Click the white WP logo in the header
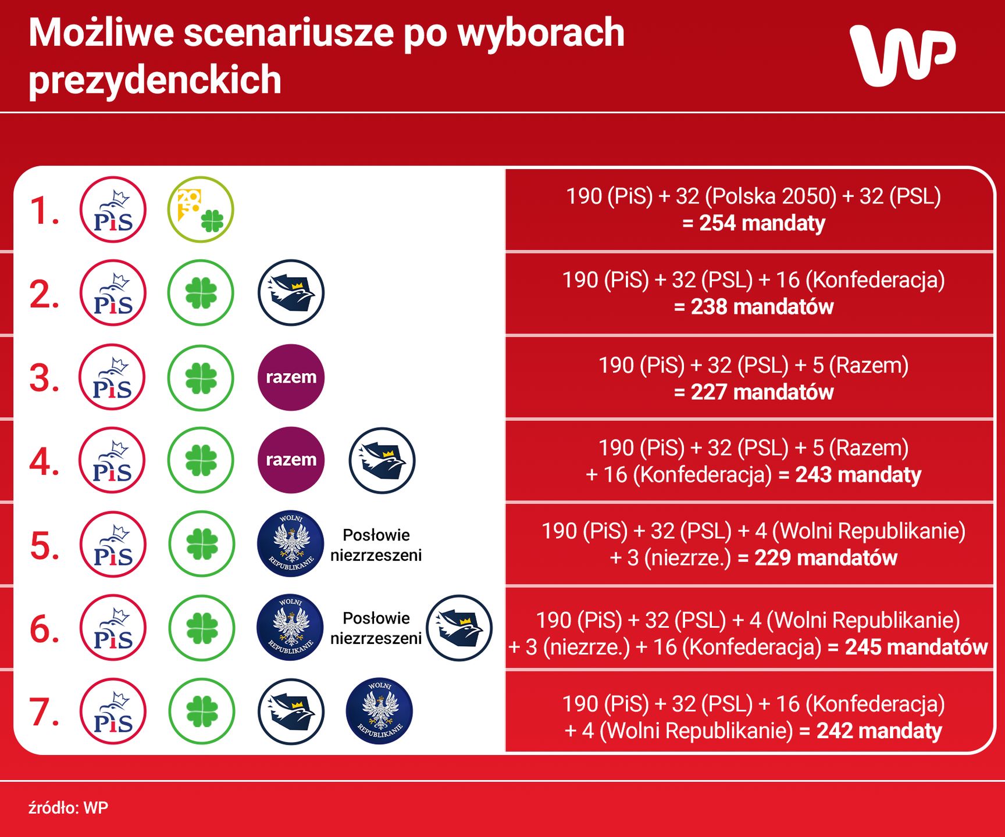903,56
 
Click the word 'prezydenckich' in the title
155,80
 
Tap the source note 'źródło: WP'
68,807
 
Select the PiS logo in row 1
113,209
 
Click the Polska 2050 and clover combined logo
201,209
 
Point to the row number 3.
44,378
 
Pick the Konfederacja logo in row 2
291,292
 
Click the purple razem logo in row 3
291,377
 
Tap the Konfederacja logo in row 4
382,460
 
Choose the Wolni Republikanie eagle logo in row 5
291,543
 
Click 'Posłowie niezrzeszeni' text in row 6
376,628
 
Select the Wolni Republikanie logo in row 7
379,711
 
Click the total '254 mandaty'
762,223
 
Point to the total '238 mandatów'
762,307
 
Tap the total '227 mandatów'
762,392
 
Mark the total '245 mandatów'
916,647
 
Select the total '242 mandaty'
879,731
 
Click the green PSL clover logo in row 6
202,628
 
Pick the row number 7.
44,711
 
